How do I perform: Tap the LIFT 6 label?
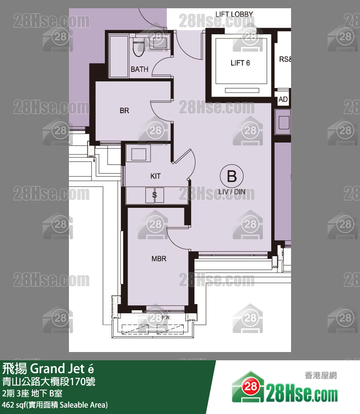(240, 63)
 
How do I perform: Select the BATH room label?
(139, 69)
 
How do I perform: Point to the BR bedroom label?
(124, 111)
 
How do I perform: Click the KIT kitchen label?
(155, 176)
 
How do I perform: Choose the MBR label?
(159, 259)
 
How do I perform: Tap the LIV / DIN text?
(232, 192)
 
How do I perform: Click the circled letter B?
(232, 176)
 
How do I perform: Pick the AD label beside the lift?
(283, 100)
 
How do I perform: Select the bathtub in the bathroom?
(118, 56)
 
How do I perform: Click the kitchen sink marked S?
(154, 195)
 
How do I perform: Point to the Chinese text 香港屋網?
(320, 376)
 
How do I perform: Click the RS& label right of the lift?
(285, 59)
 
